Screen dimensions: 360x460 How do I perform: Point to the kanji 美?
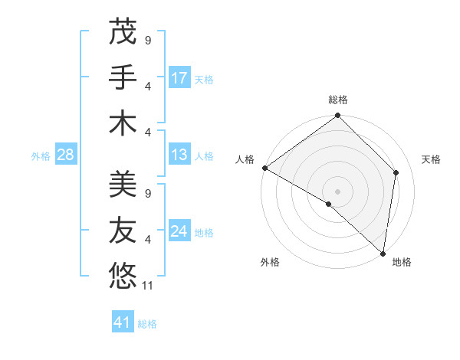(x=123, y=184)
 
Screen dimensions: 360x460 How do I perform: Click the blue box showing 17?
(x=179, y=78)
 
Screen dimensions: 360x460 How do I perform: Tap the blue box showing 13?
(x=179, y=155)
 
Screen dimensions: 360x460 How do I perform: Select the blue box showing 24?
(x=179, y=231)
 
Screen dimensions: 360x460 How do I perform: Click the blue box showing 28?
(x=65, y=155)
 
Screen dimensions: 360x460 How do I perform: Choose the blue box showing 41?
(x=123, y=322)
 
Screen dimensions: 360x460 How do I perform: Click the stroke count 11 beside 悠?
(x=148, y=285)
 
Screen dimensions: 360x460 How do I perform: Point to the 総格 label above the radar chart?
(x=338, y=100)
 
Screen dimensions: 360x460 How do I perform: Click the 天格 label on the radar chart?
(x=432, y=159)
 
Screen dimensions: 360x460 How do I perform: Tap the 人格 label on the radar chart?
(x=245, y=159)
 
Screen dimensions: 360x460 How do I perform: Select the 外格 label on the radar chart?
(x=269, y=262)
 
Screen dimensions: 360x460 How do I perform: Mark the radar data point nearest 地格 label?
(x=383, y=253)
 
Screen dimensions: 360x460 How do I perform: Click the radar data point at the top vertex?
(x=337, y=116)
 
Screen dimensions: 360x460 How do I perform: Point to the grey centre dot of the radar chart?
(x=337, y=191)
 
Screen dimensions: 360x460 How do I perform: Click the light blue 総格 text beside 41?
(x=147, y=324)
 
